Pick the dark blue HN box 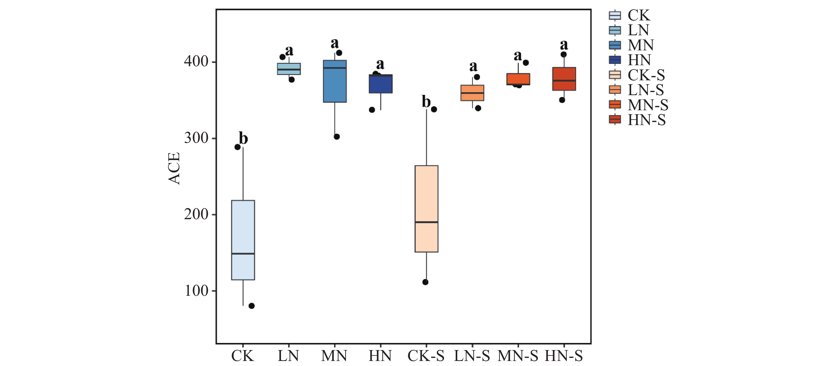point(381,84)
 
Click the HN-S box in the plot point(564,79)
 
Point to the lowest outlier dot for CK point(252,306)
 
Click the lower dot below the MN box point(337,136)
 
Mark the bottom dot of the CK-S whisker point(425,282)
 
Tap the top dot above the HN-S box point(564,54)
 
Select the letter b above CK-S point(426,102)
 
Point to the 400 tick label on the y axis point(196,61)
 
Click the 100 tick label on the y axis point(196,291)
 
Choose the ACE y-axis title point(174,169)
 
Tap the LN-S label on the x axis point(472,356)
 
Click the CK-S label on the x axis point(426,356)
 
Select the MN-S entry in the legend point(639,105)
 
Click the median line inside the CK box point(243,254)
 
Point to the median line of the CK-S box point(426,222)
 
